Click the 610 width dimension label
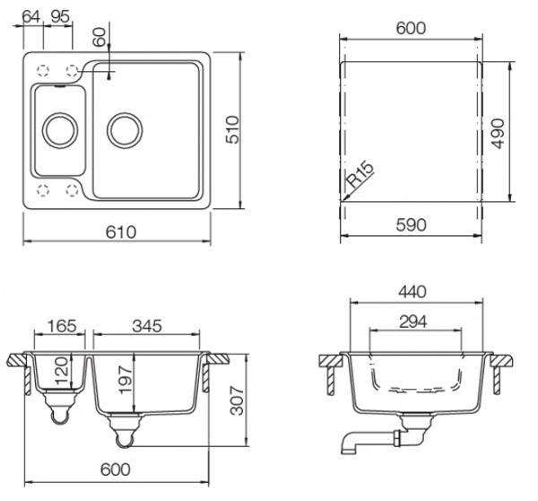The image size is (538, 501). point(121,232)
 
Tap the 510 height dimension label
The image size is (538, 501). point(232,129)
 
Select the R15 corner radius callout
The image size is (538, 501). point(360,174)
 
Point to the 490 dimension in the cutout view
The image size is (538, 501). point(498,133)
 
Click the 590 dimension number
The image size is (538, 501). point(411,225)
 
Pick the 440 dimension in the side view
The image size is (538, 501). point(412,292)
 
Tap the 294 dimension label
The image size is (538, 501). point(413,322)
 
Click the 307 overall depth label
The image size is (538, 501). point(237,400)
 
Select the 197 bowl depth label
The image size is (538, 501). point(125,380)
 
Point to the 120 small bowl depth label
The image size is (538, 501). point(62,371)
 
